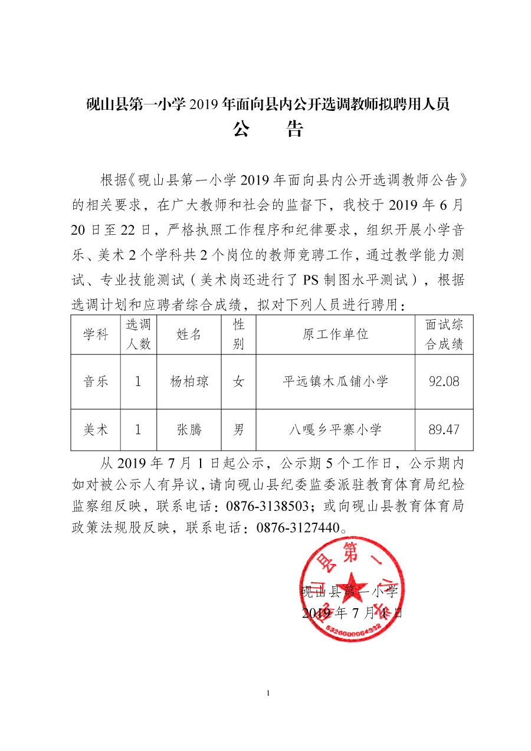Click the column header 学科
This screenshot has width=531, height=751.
96,334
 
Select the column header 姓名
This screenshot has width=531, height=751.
189,334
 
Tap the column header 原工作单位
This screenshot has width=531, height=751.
335,334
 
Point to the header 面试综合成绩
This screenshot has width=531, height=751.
444,334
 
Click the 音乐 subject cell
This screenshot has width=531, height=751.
96,382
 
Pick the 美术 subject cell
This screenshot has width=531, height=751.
96,429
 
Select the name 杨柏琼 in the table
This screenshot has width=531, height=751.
189,382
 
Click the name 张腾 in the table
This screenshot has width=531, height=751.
189,429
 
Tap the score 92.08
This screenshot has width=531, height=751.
444,382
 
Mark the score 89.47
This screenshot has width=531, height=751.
444,429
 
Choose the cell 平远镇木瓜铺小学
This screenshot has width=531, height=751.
335,382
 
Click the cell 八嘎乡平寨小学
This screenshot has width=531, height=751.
335,429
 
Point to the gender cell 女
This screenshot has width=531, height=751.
238,382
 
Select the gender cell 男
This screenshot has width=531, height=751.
238,429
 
